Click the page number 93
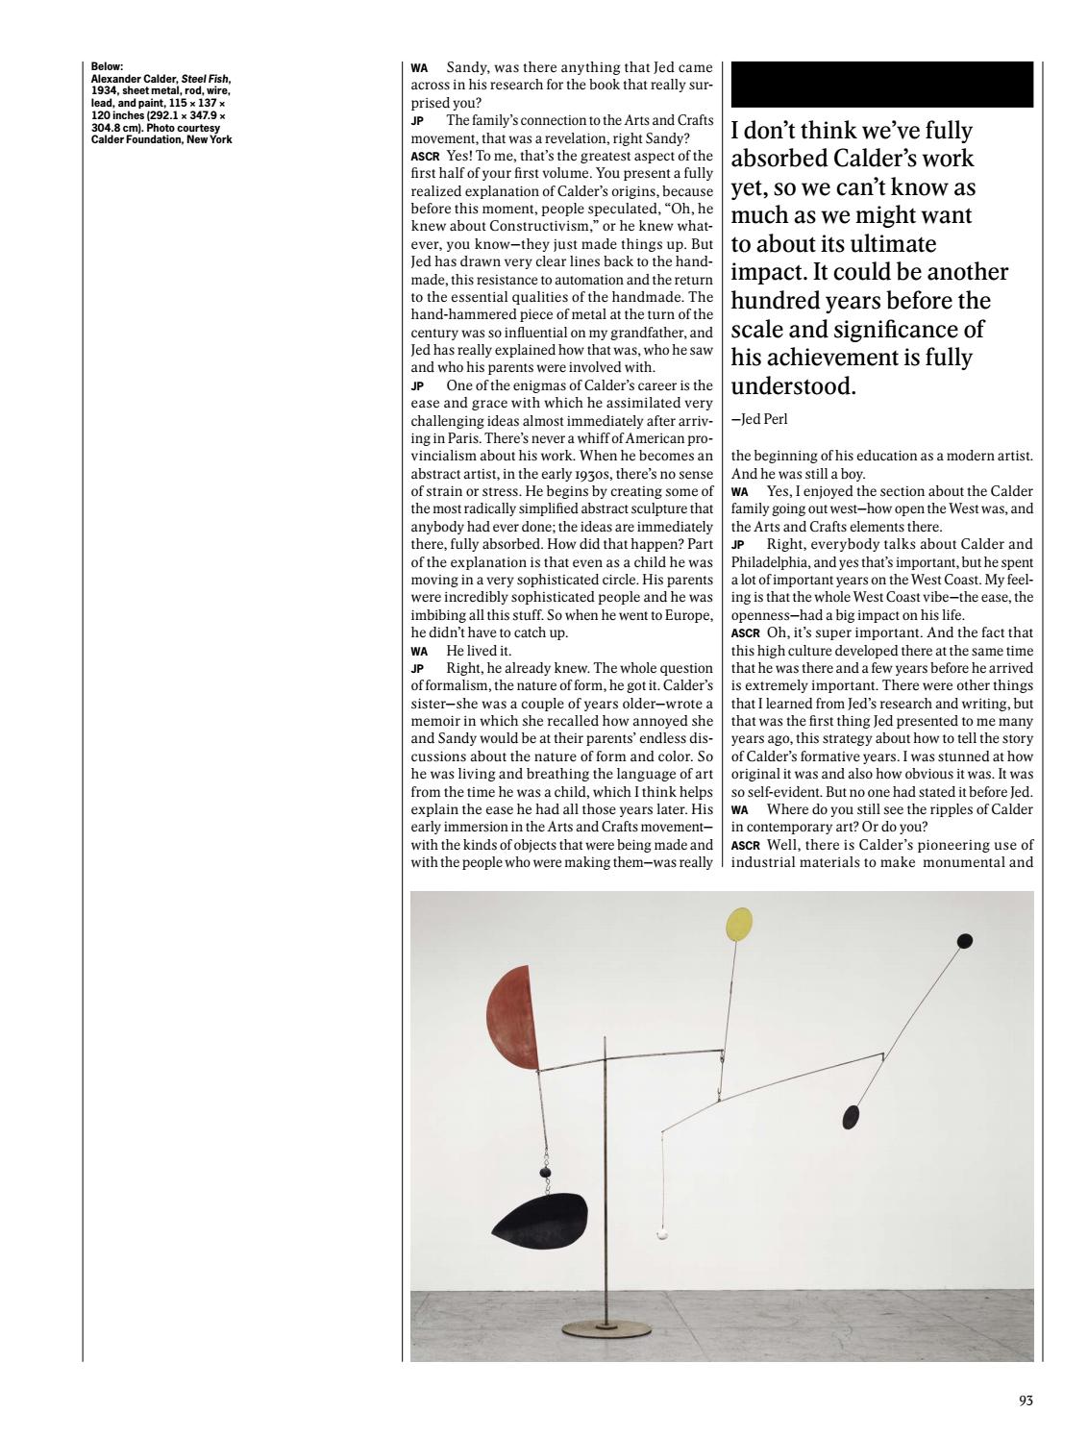[1025, 1400]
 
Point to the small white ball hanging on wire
[661, 1234]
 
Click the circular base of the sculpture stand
[605, 1327]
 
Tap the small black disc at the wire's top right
[966, 940]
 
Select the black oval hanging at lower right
[851, 1117]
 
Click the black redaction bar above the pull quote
[881, 85]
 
